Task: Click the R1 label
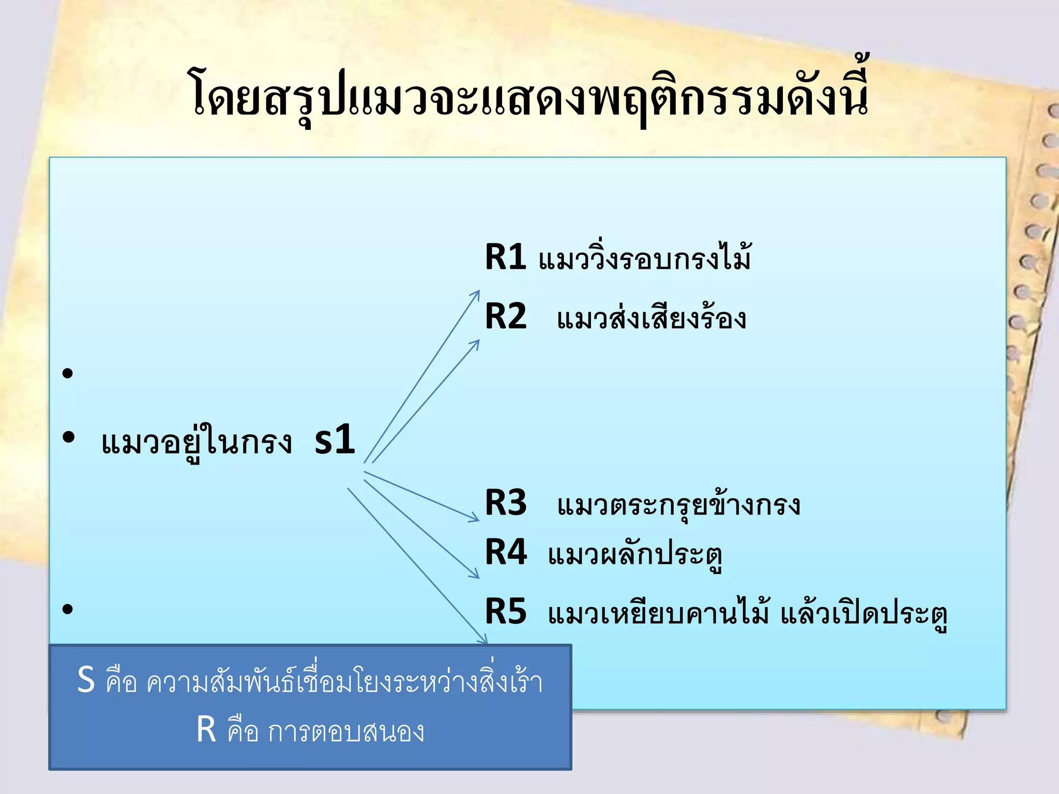505,257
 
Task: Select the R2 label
505,316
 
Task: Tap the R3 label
505,502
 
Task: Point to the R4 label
505,552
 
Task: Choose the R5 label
505,612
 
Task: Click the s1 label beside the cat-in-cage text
335,439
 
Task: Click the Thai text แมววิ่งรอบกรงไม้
644,257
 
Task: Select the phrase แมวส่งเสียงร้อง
652,317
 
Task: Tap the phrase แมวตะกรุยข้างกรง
678,503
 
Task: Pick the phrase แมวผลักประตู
635,555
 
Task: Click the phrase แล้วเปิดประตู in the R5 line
864,614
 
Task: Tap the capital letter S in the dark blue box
86,680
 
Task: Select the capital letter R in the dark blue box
206,730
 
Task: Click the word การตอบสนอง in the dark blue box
345,731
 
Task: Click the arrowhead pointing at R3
475,517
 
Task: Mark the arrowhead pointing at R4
475,574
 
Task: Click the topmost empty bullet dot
67,373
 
